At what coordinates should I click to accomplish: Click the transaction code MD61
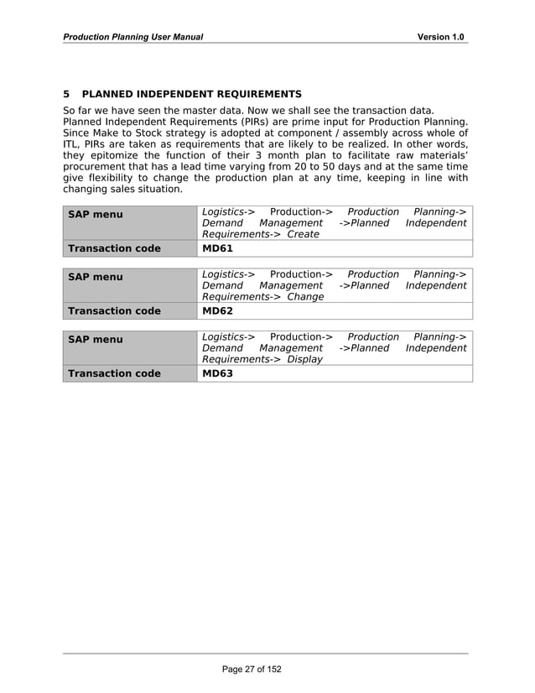218,249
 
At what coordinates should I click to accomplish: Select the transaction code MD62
218,311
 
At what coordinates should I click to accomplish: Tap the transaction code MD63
218,373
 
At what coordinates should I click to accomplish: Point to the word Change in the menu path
305,297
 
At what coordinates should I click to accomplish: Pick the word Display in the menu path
304,359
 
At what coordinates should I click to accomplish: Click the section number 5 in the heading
67,94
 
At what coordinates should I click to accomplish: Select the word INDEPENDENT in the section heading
191,94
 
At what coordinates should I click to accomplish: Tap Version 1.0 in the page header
442,37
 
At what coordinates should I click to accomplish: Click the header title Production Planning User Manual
133,37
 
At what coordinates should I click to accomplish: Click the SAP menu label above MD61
95,215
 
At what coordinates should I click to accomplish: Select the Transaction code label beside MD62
114,311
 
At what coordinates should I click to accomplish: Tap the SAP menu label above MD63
95,339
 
